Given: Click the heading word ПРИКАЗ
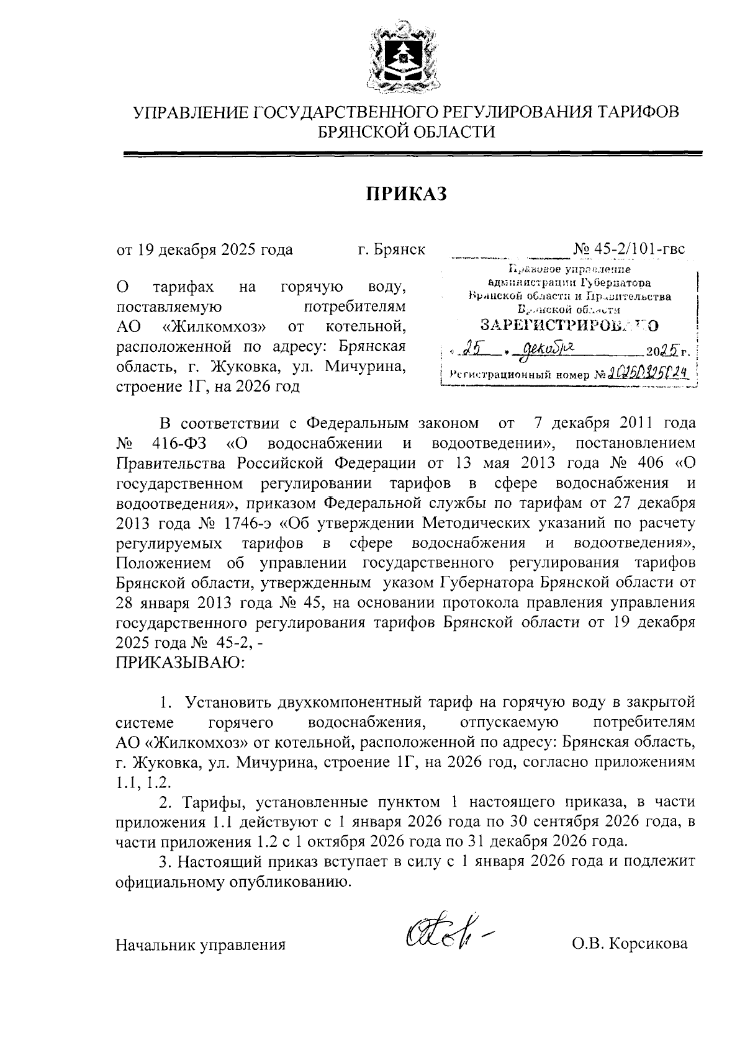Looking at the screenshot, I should tap(405, 193).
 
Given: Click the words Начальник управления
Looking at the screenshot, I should tap(201, 945).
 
